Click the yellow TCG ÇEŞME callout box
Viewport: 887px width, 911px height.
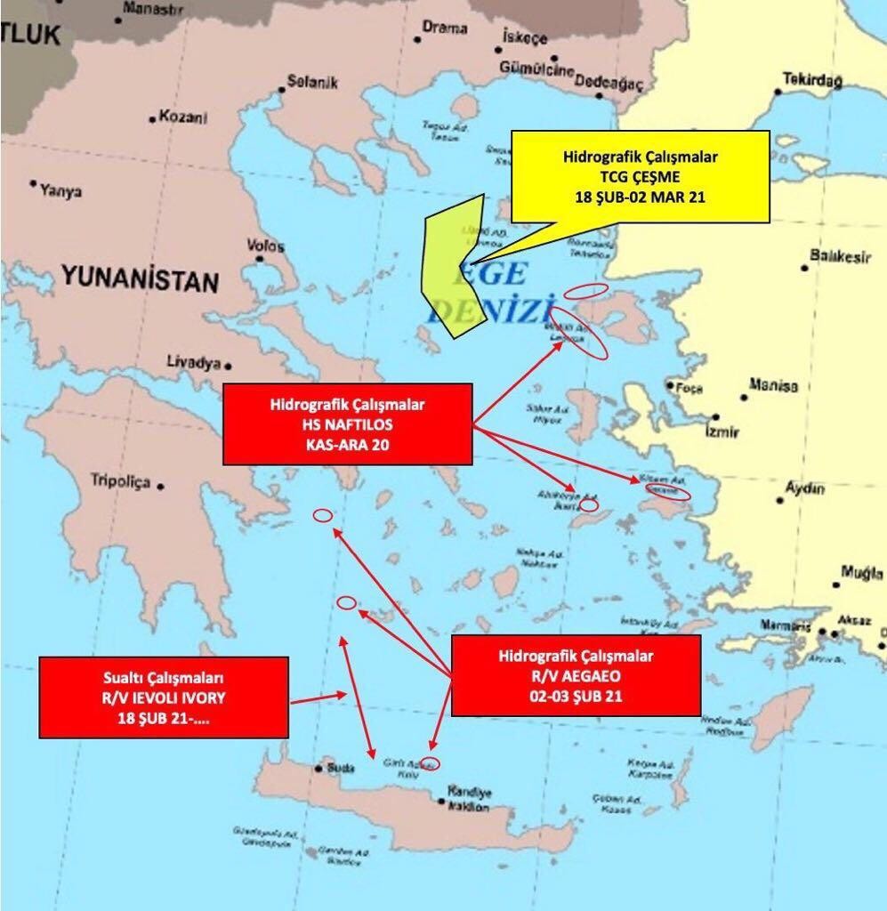point(641,176)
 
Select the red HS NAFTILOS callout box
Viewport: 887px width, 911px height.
point(346,423)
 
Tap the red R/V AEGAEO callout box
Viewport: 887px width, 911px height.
point(576,675)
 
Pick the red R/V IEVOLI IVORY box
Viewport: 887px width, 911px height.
point(164,697)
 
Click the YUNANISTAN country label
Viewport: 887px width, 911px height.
point(140,281)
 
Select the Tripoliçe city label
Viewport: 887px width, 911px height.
point(121,481)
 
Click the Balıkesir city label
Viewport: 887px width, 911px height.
point(840,257)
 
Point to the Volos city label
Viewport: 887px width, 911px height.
point(266,246)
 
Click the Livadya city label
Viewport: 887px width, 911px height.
point(193,362)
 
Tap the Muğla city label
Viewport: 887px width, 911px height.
point(862,574)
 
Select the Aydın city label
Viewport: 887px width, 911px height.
point(804,488)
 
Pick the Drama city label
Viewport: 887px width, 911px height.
point(444,28)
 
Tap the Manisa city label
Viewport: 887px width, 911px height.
point(773,386)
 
